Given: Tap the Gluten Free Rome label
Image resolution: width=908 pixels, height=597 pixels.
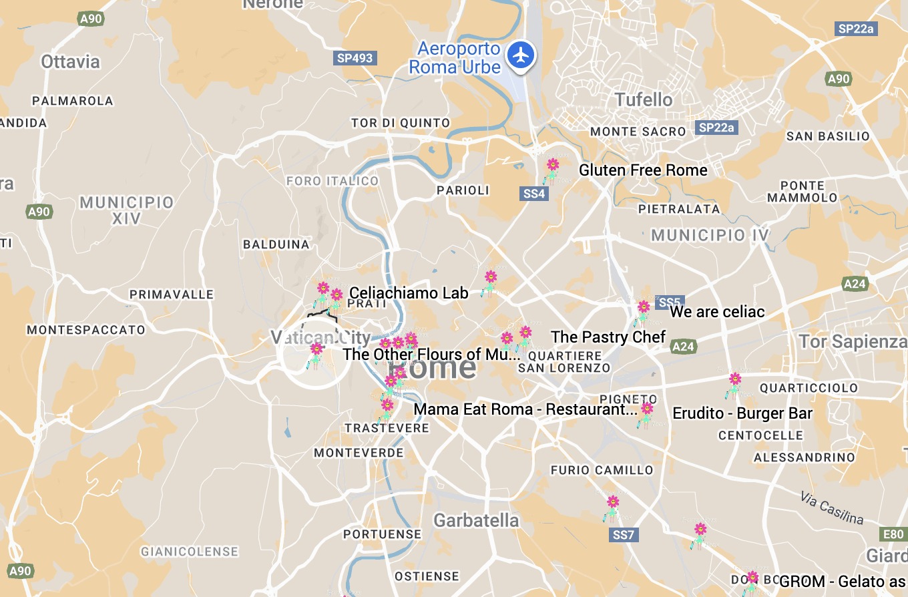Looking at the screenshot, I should click(643, 170).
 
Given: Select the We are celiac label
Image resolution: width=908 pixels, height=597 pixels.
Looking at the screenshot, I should click(717, 312).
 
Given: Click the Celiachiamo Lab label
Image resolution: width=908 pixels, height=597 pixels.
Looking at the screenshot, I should click(414, 292).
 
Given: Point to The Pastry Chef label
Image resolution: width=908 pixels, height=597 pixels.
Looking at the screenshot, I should click(608, 337).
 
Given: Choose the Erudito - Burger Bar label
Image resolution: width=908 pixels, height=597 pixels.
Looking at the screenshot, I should click(742, 413).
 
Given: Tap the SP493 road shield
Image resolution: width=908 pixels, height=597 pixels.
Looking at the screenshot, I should click(355, 58).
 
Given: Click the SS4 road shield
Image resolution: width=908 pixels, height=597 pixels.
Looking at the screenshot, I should click(534, 194).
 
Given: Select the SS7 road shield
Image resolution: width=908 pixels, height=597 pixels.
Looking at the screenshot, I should click(624, 535).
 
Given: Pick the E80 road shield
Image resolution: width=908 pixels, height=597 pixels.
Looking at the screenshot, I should click(893, 534).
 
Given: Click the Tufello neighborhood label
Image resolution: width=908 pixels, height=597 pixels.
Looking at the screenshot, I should click(644, 100).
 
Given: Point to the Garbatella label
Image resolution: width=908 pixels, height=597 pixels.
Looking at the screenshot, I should click(476, 520).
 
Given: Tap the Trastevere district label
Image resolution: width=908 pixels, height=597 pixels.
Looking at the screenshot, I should click(387, 428).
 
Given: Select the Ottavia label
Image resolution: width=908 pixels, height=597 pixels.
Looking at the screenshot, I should click(70, 62).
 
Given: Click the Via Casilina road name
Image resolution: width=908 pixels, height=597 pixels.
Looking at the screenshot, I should click(832, 508).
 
